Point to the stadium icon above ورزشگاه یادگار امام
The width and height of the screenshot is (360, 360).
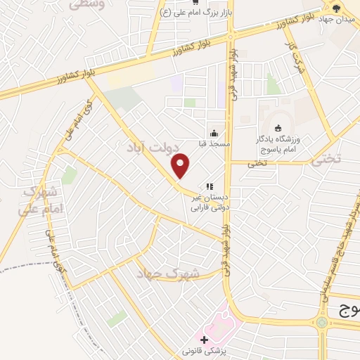pos(278,128)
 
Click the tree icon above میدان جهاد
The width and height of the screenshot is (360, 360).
pos(336,8)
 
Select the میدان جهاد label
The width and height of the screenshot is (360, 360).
pos(336,18)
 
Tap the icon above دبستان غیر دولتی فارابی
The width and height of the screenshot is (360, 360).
pos(209,186)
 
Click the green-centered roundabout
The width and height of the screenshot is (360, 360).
pos(323,323)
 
